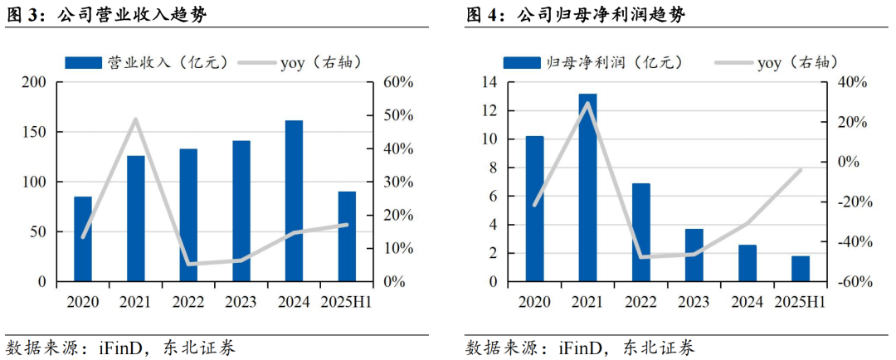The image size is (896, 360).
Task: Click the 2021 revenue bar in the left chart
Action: pos(136,218)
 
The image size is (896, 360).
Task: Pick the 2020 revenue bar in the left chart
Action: pos(83,239)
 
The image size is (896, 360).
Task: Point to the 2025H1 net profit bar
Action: pos(800,269)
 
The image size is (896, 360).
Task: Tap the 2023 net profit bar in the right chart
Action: pos(694,255)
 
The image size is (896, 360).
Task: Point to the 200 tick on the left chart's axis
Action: pos(34,82)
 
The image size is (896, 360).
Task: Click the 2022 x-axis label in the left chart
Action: pos(188,302)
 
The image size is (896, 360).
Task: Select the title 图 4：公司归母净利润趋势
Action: pos(576,15)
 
